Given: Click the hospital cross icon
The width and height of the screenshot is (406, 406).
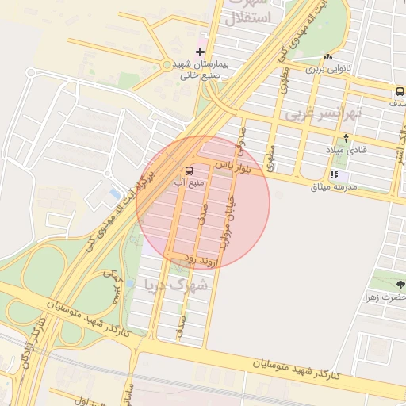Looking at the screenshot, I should [200, 52].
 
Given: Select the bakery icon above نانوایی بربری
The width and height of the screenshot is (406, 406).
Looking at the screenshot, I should [327, 56].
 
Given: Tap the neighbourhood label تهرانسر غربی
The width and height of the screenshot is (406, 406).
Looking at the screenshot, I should [323, 115].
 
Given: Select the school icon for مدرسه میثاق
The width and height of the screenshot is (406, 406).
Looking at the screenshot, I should [334, 174].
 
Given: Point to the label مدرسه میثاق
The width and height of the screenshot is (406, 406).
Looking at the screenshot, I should [335, 186].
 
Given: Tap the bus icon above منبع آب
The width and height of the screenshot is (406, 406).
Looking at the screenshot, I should [189, 170].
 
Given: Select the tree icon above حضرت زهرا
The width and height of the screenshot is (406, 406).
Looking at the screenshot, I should [400, 284].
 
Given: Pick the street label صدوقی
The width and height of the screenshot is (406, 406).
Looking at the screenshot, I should [240, 139].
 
